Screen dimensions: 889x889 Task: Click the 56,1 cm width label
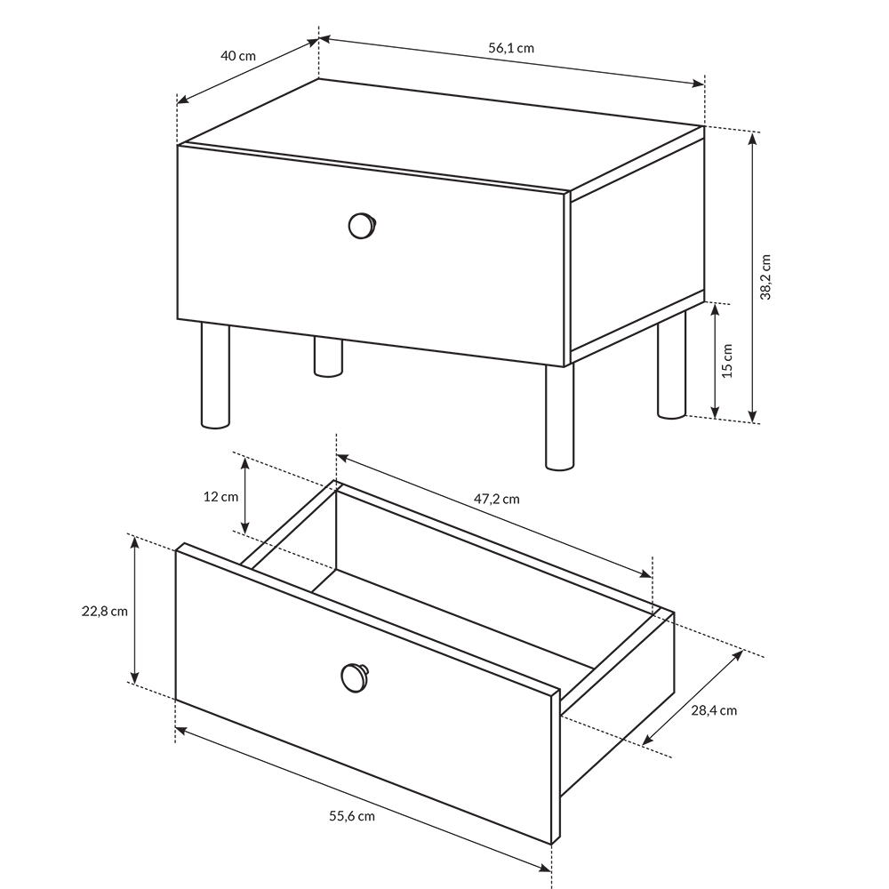pyautogui.click(x=511, y=48)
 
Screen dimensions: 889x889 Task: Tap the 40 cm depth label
pyautogui.click(x=238, y=55)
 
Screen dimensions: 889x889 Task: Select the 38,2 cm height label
pyautogui.click(x=765, y=276)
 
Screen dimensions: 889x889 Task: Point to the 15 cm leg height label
pyautogui.click(x=727, y=361)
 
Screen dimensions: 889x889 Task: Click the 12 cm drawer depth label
pyautogui.click(x=220, y=497)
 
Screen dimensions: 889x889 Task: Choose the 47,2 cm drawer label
pyautogui.click(x=496, y=499)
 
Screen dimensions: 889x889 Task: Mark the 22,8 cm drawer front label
pyautogui.click(x=105, y=612)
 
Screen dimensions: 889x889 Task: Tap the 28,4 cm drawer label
pyautogui.click(x=714, y=710)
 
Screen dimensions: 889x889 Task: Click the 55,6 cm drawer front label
pyautogui.click(x=352, y=816)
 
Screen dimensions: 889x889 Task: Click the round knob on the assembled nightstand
pyautogui.click(x=363, y=226)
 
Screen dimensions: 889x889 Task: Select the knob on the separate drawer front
pyautogui.click(x=355, y=677)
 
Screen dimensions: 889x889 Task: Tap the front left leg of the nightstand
pyautogui.click(x=215, y=375)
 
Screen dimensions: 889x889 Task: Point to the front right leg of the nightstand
pyautogui.click(x=559, y=417)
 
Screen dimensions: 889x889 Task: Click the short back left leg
pyautogui.click(x=328, y=357)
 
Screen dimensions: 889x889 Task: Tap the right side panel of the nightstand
pyautogui.click(x=637, y=245)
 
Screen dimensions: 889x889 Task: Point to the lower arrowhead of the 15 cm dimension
pyautogui.click(x=715, y=412)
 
